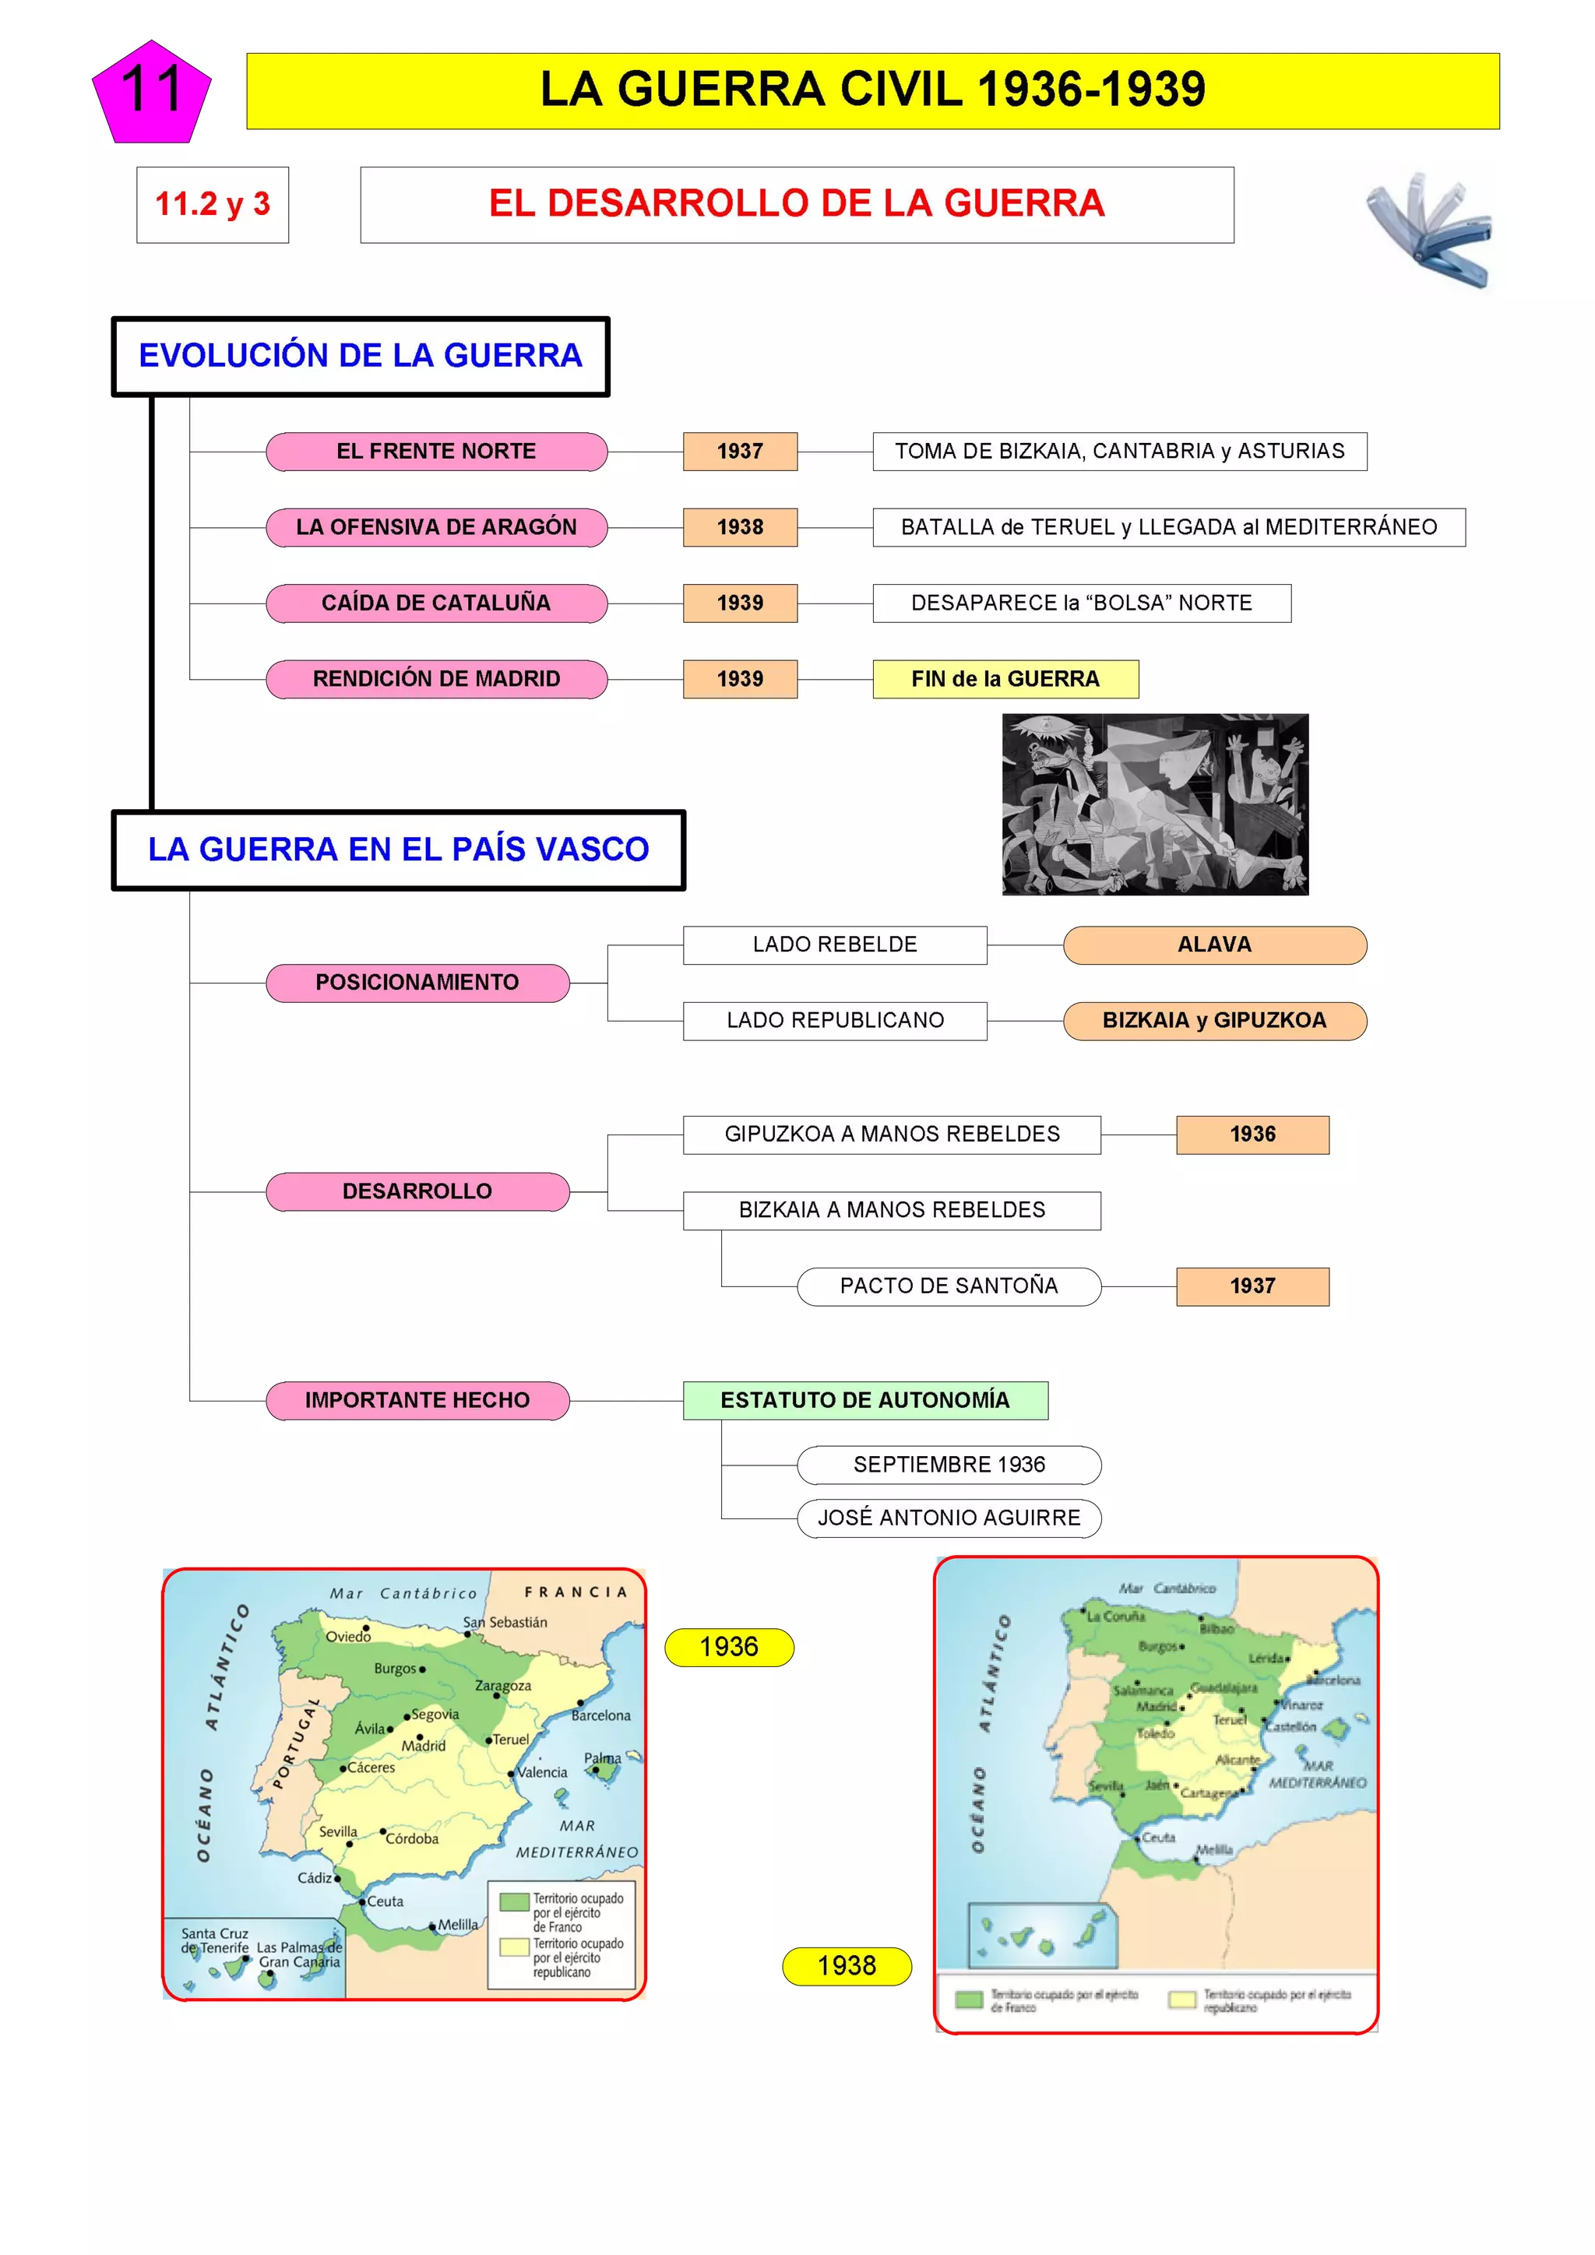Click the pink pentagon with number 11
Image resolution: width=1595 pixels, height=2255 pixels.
[151, 93]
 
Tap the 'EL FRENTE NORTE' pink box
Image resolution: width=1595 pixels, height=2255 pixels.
[436, 452]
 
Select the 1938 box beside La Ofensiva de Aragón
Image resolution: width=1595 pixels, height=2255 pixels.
[740, 527]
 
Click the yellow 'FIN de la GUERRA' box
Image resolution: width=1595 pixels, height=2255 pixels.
[1005, 679]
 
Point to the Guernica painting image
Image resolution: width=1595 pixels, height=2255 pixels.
[1155, 804]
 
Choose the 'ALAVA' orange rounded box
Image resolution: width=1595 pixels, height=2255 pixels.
[1214, 945]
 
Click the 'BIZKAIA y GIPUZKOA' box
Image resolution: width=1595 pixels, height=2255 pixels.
[1214, 1021]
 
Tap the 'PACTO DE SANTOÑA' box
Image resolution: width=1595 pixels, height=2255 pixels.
[948, 1286]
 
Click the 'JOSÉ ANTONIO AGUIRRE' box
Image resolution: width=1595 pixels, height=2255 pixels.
[948, 1518]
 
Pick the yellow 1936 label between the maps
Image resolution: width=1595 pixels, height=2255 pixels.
[729, 1647]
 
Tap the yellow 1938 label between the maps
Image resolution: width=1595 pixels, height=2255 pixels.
[847, 1965]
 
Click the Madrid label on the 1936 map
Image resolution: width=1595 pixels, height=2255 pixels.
[424, 1745]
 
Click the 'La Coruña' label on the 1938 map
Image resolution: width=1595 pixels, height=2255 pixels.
[1116, 1616]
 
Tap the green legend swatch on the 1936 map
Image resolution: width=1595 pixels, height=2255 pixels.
[514, 1901]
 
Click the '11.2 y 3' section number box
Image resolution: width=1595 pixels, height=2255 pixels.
[212, 204]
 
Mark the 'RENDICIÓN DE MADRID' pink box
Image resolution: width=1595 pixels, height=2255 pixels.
[436, 679]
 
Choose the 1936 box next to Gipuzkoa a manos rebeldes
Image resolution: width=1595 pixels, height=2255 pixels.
[1252, 1135]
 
